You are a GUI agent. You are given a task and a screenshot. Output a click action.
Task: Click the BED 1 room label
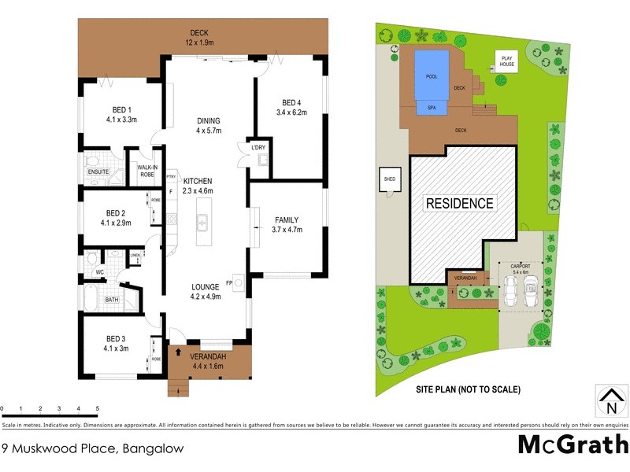[x=121, y=109]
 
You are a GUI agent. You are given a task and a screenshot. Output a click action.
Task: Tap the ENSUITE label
[x=98, y=171]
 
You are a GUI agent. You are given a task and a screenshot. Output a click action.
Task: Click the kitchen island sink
[x=202, y=223]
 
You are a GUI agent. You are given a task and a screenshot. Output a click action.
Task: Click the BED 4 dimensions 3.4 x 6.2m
[x=291, y=113]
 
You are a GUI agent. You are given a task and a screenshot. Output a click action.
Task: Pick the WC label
[x=100, y=273]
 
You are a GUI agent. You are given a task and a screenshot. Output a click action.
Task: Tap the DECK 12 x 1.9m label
[x=203, y=38]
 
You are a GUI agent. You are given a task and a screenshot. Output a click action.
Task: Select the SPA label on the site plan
[x=432, y=108]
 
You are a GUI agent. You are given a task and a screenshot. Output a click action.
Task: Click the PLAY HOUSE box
[x=505, y=61]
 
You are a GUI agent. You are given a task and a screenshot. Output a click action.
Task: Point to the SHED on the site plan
[x=390, y=179]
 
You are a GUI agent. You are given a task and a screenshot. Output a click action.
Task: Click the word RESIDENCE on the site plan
[x=460, y=203]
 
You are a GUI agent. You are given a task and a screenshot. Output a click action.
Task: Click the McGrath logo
[x=571, y=444]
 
